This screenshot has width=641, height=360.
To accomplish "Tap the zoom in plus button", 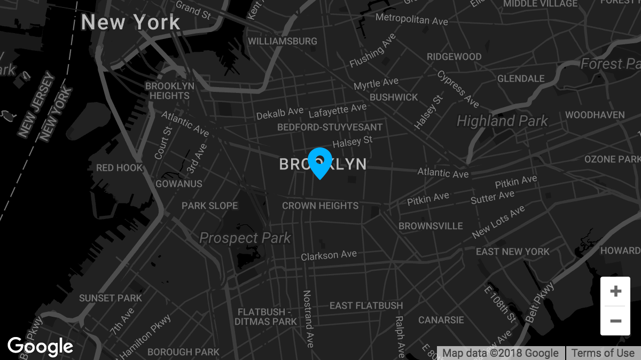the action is [x=615, y=291].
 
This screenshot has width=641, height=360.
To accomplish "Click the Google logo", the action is [x=40, y=347].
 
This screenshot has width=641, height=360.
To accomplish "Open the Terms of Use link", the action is [x=603, y=353].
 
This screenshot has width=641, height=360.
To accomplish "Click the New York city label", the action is [x=131, y=22].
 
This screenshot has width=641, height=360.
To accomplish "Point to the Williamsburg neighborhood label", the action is [x=283, y=41].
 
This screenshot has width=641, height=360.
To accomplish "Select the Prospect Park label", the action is [x=245, y=238].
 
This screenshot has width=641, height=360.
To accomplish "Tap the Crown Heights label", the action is [x=320, y=206].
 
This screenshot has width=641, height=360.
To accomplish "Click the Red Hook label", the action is [x=120, y=168].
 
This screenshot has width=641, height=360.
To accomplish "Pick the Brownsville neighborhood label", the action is [x=431, y=226].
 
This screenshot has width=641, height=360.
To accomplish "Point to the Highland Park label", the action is [x=502, y=121].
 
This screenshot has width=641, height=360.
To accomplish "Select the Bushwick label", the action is [x=394, y=97].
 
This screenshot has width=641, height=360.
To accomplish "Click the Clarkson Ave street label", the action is [x=329, y=255].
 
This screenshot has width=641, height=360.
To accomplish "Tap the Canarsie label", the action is [x=441, y=320].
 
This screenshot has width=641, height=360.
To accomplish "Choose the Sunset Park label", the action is [x=111, y=298].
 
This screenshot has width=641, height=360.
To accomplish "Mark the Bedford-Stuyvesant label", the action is [x=330, y=127].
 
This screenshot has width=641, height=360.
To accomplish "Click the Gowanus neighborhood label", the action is [x=179, y=184].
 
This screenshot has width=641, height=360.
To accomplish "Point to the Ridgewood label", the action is [x=454, y=57].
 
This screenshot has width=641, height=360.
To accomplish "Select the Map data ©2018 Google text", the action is [x=501, y=353].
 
